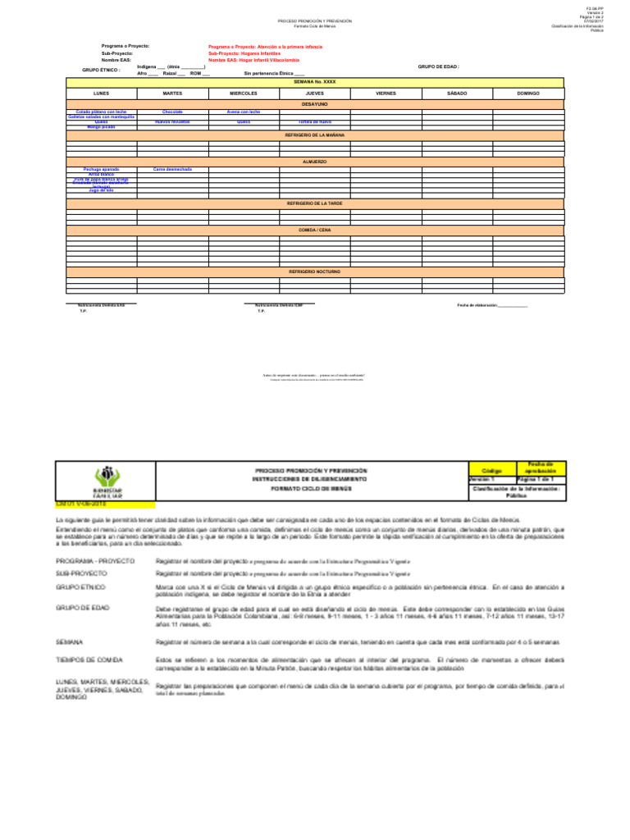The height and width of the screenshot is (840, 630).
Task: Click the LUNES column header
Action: (101, 94)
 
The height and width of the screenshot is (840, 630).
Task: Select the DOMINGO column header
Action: (528, 94)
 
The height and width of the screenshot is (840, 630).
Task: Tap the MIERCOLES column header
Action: (244, 94)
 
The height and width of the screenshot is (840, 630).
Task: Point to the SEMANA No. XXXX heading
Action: (315, 83)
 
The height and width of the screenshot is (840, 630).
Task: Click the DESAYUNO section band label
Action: (315, 105)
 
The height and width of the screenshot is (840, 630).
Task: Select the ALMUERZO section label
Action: (315, 162)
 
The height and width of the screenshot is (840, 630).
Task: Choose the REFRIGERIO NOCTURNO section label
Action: (315, 271)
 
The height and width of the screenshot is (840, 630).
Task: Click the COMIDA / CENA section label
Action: (315, 231)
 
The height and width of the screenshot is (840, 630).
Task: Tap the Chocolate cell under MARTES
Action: (172, 112)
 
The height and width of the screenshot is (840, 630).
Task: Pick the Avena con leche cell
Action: (244, 112)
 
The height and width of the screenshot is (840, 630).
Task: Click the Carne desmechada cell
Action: (172, 169)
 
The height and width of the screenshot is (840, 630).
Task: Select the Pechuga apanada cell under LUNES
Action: (101, 169)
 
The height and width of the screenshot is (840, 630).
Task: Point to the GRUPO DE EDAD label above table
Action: (439, 66)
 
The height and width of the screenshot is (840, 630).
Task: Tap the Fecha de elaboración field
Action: (492, 305)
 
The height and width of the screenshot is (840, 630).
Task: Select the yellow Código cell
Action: (491, 472)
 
